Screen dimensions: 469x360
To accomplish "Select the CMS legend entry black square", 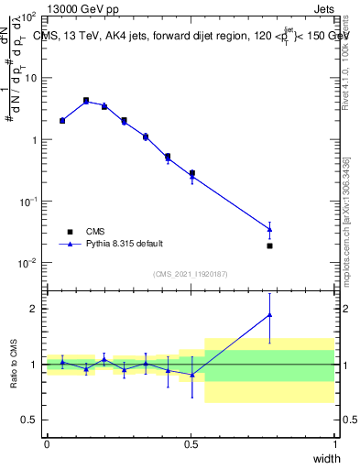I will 70,231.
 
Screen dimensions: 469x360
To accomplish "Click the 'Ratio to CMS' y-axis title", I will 12,365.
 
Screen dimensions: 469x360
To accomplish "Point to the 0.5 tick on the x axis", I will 191,443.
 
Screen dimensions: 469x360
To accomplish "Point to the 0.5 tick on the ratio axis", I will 29,420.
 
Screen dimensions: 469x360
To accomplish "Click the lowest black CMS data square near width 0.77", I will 269,245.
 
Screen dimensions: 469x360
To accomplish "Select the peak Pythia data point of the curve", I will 86,102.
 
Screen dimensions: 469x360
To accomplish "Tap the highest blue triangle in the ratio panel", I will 269,314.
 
